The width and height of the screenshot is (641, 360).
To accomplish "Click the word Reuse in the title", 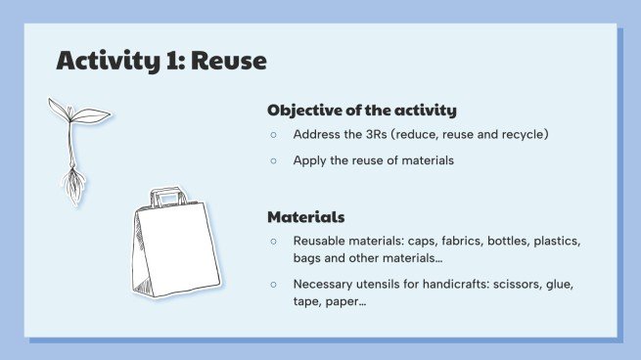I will tap(229, 62).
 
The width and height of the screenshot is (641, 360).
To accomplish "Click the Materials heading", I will tap(305, 216).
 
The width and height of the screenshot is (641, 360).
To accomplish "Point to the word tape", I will tap(308, 302).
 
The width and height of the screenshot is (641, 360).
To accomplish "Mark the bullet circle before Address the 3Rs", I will tap(274, 135).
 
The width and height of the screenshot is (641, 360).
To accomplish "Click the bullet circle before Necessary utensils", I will tap(274, 284).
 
